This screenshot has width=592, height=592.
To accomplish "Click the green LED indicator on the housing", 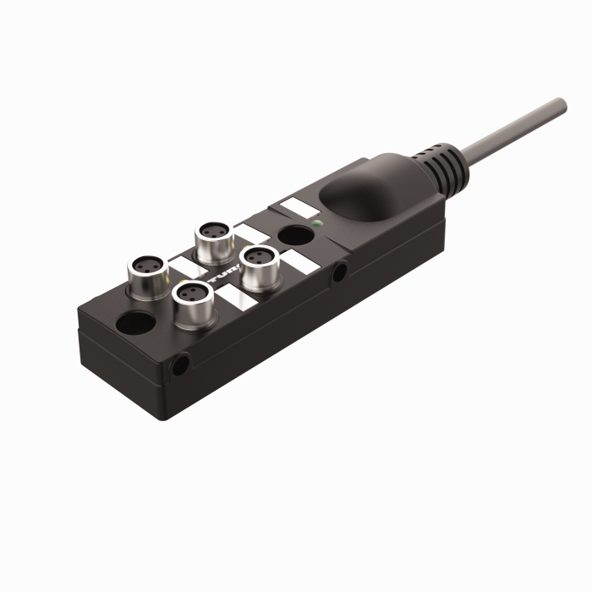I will [x=316, y=224].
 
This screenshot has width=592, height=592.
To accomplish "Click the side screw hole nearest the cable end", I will [x=339, y=272].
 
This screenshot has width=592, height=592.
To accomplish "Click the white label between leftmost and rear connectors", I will [x=183, y=265].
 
